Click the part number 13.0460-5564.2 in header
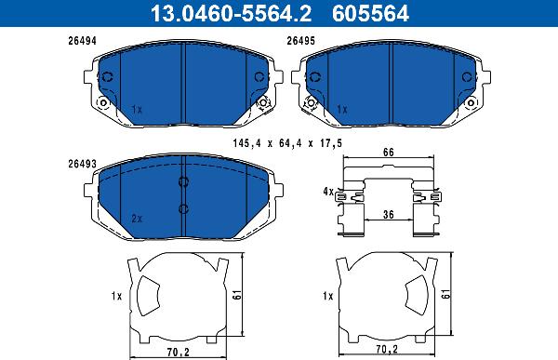click(x=231, y=13)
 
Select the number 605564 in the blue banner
click(x=370, y=13)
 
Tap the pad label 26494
click(x=82, y=41)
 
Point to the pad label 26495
click(x=301, y=41)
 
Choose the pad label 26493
click(x=82, y=164)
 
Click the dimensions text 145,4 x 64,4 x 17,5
click(x=287, y=143)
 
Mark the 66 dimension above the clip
click(x=388, y=152)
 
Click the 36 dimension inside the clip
click(x=388, y=214)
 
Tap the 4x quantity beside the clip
click(x=328, y=192)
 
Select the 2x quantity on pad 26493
click(x=137, y=219)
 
